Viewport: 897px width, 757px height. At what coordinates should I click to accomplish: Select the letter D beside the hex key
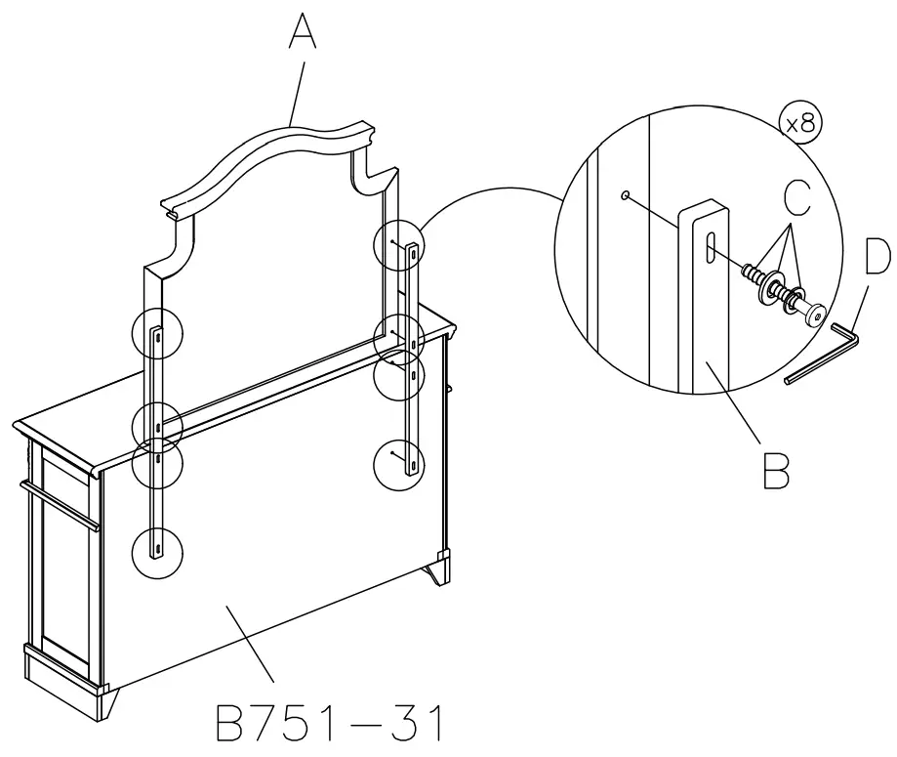pyautogui.click(x=877, y=258)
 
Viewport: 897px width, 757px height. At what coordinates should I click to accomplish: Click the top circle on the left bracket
pyautogui.click(x=156, y=333)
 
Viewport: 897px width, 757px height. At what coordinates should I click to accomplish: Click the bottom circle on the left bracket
pyautogui.click(x=156, y=550)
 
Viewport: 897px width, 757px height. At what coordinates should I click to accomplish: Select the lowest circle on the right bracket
pyautogui.click(x=401, y=462)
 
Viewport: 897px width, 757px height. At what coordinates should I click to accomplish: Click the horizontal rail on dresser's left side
pyautogui.click(x=59, y=501)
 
